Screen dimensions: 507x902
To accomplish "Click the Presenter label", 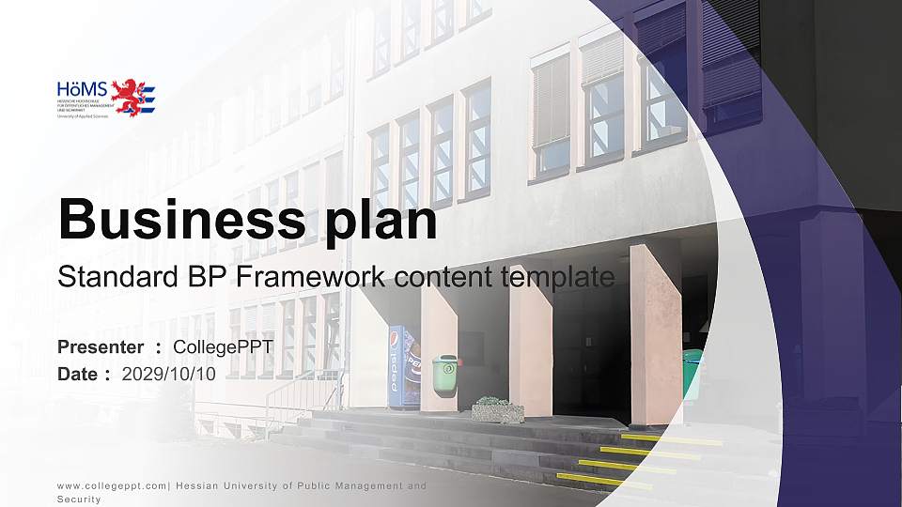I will pos(101,347).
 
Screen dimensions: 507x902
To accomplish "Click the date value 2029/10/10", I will pos(169,373).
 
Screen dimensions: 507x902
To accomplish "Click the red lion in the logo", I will pos(129,96).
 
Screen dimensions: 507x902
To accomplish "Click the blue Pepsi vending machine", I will pos(404,366).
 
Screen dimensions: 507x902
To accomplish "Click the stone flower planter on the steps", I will pos(497,409).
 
